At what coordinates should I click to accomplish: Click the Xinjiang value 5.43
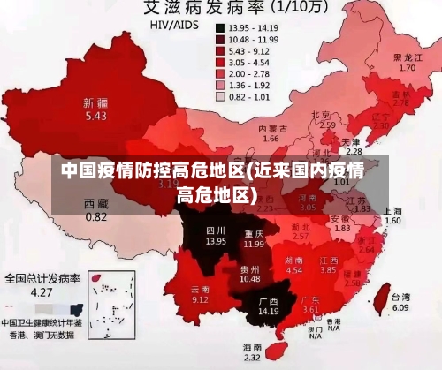point(95,116)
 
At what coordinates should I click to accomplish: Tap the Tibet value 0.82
point(95,216)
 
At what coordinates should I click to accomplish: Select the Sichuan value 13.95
point(216,240)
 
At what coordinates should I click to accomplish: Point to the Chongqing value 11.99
point(255,243)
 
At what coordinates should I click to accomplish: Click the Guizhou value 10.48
point(249,279)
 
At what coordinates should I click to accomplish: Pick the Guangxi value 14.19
point(268,312)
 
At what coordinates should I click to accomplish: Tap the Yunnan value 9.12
point(200,299)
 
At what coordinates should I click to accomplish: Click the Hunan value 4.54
point(294,270)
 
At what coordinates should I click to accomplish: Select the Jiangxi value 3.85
point(328,270)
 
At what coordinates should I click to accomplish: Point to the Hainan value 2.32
point(252,358)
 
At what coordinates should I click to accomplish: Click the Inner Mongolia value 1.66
point(271,139)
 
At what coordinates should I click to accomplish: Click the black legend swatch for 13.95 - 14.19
point(219,27)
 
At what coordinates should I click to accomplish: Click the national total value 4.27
point(41,291)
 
